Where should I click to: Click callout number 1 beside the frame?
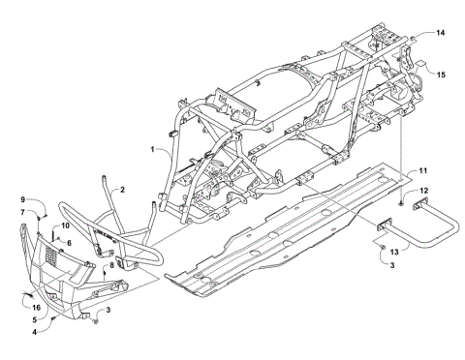(153, 149)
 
